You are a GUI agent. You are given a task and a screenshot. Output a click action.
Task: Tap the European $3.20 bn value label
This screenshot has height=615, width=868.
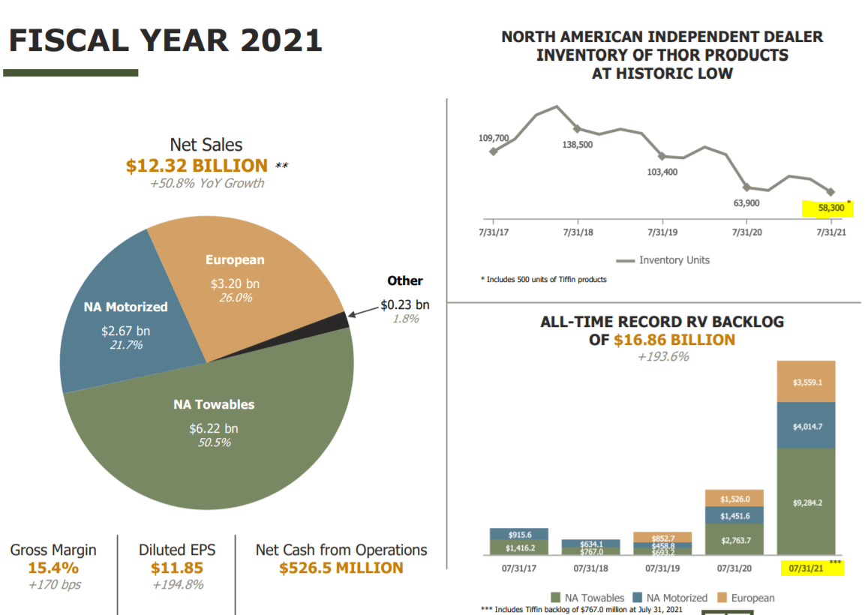coord(235,283)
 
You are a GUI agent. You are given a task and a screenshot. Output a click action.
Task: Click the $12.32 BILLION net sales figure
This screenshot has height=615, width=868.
coord(197,166)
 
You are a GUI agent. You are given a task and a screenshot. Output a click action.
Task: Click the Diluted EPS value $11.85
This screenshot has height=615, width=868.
coord(176,568)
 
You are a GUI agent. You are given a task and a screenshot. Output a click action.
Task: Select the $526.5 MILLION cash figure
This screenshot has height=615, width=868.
coord(341,568)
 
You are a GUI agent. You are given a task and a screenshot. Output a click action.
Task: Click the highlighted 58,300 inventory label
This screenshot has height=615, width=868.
coord(824,208)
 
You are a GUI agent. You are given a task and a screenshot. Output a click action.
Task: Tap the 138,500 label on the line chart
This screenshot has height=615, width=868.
coord(577,144)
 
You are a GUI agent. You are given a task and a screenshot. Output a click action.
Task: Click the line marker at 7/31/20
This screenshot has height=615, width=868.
coord(746,187)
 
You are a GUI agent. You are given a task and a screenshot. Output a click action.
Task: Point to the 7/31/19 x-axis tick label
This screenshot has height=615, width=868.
coord(662,232)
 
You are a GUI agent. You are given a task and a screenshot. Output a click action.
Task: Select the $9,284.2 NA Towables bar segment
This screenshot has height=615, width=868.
coord(807,502)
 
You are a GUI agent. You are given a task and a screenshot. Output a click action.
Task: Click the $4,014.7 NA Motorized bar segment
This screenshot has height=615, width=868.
coord(807,425)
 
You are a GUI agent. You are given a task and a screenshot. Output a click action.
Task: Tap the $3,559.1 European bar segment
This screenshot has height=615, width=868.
coord(807,382)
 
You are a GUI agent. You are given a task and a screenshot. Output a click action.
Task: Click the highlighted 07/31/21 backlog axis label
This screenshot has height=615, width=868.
coord(809,568)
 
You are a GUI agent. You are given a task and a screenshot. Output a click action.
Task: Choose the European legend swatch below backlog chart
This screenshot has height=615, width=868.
coord(723,598)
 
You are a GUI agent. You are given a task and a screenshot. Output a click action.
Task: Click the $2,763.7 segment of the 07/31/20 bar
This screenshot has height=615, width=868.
coord(735,539)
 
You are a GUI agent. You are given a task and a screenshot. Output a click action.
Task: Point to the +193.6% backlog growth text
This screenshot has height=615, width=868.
coord(662,357)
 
